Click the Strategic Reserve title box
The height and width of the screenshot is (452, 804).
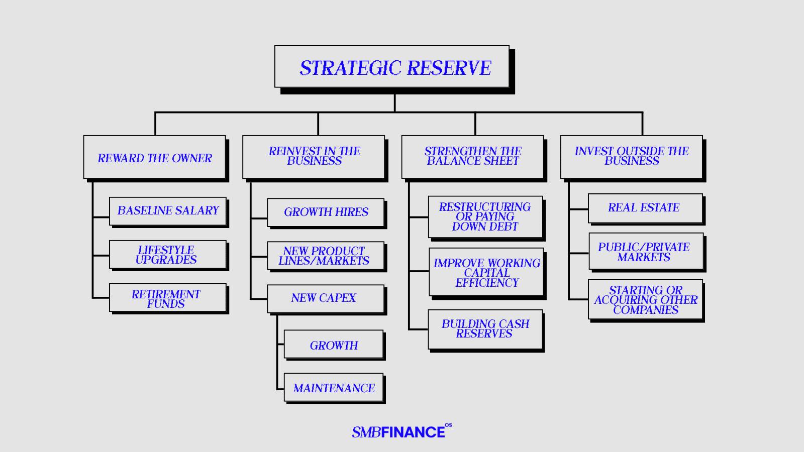pyautogui.click(x=392, y=66)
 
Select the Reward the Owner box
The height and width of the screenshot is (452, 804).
pyautogui.click(x=155, y=157)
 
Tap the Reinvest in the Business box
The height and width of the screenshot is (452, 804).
pyautogui.click(x=314, y=157)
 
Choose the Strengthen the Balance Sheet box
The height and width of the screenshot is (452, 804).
pyautogui.click(x=473, y=157)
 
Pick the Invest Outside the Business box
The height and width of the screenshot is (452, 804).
pyautogui.click(x=632, y=157)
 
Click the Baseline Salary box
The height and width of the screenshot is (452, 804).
pyautogui.click(x=168, y=211)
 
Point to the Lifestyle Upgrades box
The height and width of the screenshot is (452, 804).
pyautogui.click(x=168, y=255)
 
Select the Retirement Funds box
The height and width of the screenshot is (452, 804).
pyautogui.click(x=168, y=298)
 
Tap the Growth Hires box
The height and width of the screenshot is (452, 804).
pyautogui.click(x=326, y=212)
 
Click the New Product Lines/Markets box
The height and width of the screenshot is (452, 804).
pyautogui.click(x=326, y=256)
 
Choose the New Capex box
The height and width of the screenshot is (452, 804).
pyautogui.click(x=326, y=299)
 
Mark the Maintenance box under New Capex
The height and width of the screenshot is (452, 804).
pyautogui.click(x=334, y=387)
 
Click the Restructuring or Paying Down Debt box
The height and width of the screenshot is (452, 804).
pyautogui.click(x=485, y=216)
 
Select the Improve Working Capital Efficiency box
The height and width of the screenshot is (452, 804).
pyautogui.click(x=486, y=272)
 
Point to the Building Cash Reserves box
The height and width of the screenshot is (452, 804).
pyautogui.click(x=485, y=329)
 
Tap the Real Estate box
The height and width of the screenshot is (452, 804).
pyautogui.click(x=645, y=208)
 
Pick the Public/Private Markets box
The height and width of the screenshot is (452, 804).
pyautogui.click(x=646, y=251)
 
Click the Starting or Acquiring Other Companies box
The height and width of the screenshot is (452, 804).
pyautogui.click(x=645, y=299)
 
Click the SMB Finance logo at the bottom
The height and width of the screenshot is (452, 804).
pyautogui.click(x=401, y=431)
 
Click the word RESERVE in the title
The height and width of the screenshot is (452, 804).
pyautogui.click(x=449, y=68)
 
